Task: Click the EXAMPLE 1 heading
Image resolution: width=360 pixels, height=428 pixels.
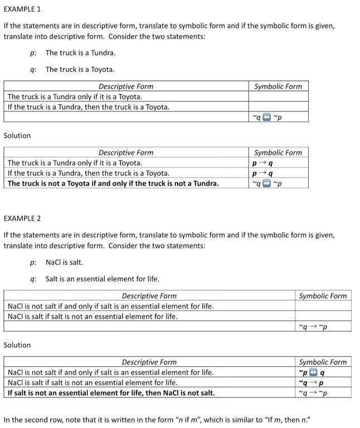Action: point(22,9)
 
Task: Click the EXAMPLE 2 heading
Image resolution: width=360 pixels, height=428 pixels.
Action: point(22,218)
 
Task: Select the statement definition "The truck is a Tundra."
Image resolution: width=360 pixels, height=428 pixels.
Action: point(80,53)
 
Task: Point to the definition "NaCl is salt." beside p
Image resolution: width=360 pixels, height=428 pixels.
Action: point(64,262)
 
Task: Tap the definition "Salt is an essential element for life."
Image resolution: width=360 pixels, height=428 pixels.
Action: point(102,279)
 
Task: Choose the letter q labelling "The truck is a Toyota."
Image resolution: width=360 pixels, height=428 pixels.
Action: point(33,70)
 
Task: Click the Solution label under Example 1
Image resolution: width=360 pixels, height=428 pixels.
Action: point(17,135)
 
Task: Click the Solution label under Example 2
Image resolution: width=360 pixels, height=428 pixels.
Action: point(17,345)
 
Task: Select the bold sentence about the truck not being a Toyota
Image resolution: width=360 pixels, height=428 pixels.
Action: point(113,183)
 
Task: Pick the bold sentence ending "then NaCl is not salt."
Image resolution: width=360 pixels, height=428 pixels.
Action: point(111,393)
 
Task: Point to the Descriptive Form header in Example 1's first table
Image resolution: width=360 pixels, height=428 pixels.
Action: point(126,86)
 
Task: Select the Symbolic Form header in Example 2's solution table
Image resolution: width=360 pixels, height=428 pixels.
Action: point(323,362)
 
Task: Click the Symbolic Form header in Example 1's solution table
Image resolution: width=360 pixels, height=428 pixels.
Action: point(278,153)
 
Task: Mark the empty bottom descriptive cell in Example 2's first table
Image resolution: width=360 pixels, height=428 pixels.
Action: point(149,327)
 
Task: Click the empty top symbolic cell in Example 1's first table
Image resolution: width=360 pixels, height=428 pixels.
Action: point(278,96)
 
